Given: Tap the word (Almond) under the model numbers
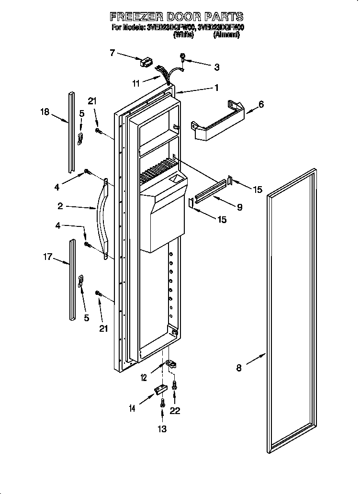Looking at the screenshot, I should [x=226, y=35].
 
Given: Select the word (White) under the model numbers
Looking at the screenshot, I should [x=183, y=35].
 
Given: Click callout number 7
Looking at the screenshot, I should [x=112, y=53].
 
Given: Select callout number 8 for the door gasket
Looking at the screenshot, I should [x=238, y=368].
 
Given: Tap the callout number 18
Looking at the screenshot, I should [x=45, y=112].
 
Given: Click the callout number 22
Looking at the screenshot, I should [x=175, y=411].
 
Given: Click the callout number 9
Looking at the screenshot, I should [x=239, y=207].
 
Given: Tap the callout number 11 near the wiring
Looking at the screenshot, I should [x=136, y=83].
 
